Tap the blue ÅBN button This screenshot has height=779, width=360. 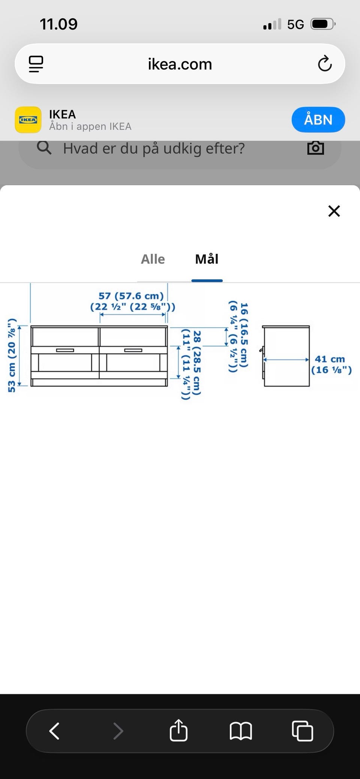tap(318, 120)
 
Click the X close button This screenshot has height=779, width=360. tap(334, 211)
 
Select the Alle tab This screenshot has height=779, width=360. tap(153, 259)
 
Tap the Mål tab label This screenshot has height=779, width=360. tap(207, 259)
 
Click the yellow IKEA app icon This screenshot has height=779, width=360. tap(28, 120)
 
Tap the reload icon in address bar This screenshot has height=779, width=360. tap(325, 64)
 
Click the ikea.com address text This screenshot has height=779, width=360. tap(180, 64)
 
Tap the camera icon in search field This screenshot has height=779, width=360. tap(315, 148)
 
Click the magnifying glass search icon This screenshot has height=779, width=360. tap(44, 148)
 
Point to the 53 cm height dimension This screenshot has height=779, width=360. tap(12, 355)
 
